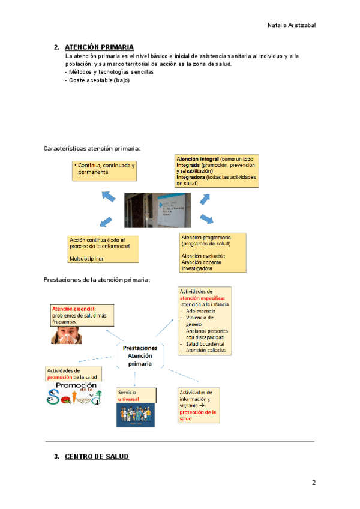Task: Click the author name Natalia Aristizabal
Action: pos(291,25)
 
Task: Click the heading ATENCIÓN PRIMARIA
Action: pos(99,47)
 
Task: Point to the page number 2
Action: pos(313,483)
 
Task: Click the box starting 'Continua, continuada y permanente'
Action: pos(103,170)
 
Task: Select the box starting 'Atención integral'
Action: pos(216,170)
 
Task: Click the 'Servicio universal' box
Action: pos(136,395)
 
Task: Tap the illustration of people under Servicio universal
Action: pos(135,415)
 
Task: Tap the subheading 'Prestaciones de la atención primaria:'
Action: pos(97,280)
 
